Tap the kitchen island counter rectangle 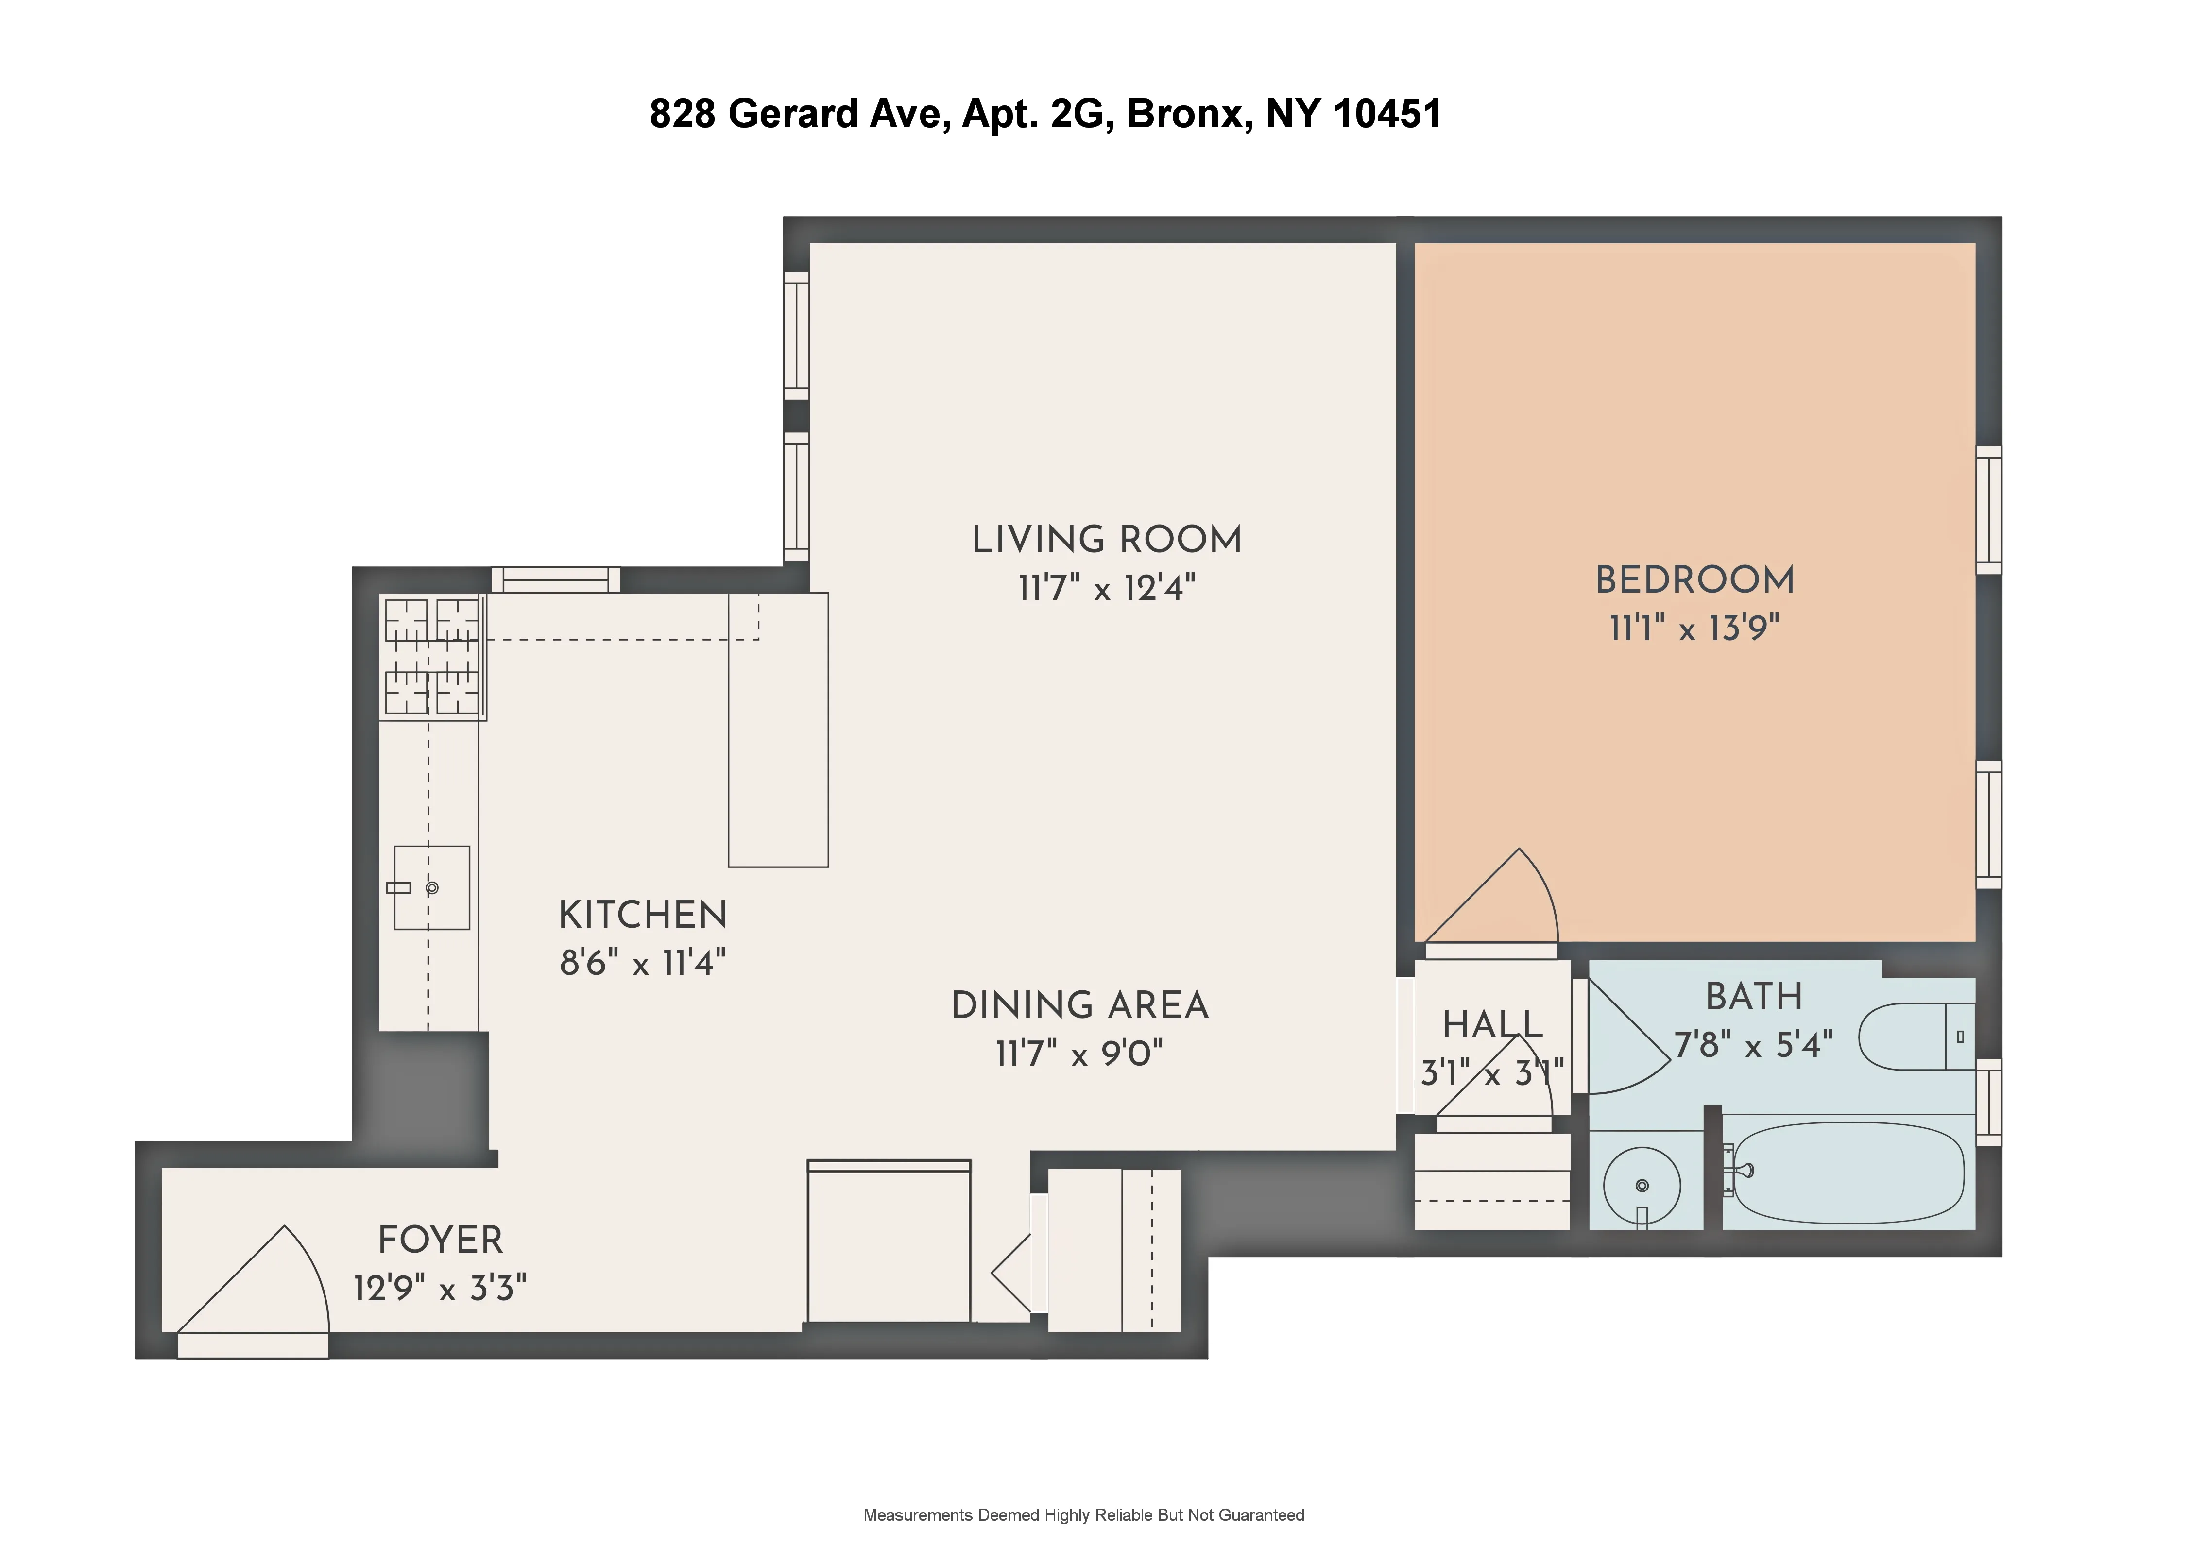point(778,730)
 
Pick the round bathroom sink point(1642,1186)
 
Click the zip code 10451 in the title point(1387,114)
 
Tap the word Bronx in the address point(1189,114)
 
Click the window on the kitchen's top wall point(556,580)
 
